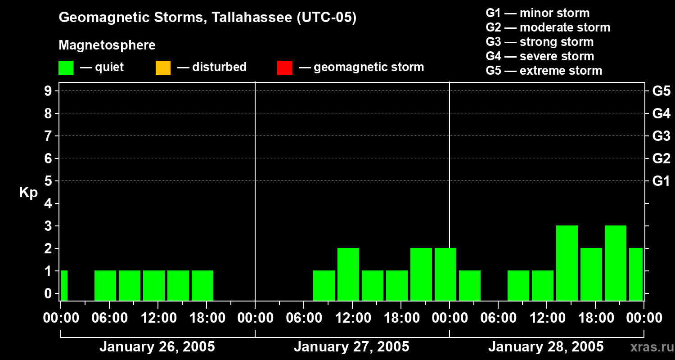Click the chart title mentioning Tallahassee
point(207,18)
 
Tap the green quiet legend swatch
point(66,68)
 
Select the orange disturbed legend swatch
point(163,68)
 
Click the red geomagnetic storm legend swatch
point(284,68)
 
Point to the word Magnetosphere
point(107,45)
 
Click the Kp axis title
point(28,193)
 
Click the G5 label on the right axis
point(661,91)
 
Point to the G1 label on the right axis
point(661,181)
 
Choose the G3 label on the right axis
point(661,136)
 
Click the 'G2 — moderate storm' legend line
point(548,27)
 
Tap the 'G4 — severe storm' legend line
point(540,56)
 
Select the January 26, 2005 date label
point(157,347)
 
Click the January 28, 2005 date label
point(546,347)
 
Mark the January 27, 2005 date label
point(351,347)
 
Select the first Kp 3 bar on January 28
point(567,263)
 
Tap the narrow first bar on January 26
point(64,285)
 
